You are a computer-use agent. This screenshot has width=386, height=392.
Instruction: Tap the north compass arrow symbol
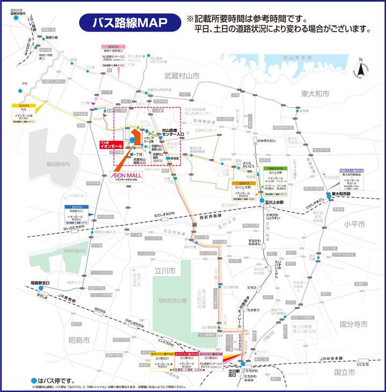point(360,69)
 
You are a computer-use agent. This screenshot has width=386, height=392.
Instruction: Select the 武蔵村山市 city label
point(182,77)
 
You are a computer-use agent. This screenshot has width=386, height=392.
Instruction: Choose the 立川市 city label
point(165,272)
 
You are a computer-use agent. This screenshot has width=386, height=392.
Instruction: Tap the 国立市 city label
point(345,372)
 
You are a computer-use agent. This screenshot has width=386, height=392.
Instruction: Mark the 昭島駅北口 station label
point(40,283)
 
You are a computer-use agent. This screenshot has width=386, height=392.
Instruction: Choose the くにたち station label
point(362,364)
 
